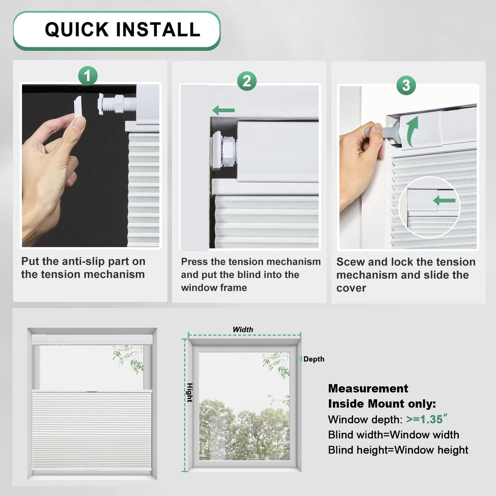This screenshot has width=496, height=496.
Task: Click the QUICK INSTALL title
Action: click(123, 30)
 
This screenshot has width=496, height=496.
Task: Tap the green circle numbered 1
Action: click(88, 76)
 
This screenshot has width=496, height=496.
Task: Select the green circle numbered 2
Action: click(247, 81)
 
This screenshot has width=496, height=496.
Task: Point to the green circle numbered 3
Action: click(406, 85)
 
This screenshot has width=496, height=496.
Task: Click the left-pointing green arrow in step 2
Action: click(223, 111)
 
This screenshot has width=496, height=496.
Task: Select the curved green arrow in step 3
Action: click(412, 130)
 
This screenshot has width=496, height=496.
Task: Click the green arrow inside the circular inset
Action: click(444, 200)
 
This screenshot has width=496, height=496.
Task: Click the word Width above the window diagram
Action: click(243, 330)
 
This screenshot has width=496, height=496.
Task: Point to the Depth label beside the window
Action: click(314, 359)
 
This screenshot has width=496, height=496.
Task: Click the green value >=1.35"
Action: click(427, 419)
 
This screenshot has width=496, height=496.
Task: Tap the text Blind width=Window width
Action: click(393, 435)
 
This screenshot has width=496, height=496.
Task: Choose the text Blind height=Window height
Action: click(398, 450)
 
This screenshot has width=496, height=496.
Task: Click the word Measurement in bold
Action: click(368, 388)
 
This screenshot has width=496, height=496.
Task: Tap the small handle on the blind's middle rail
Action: click(92, 391)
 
